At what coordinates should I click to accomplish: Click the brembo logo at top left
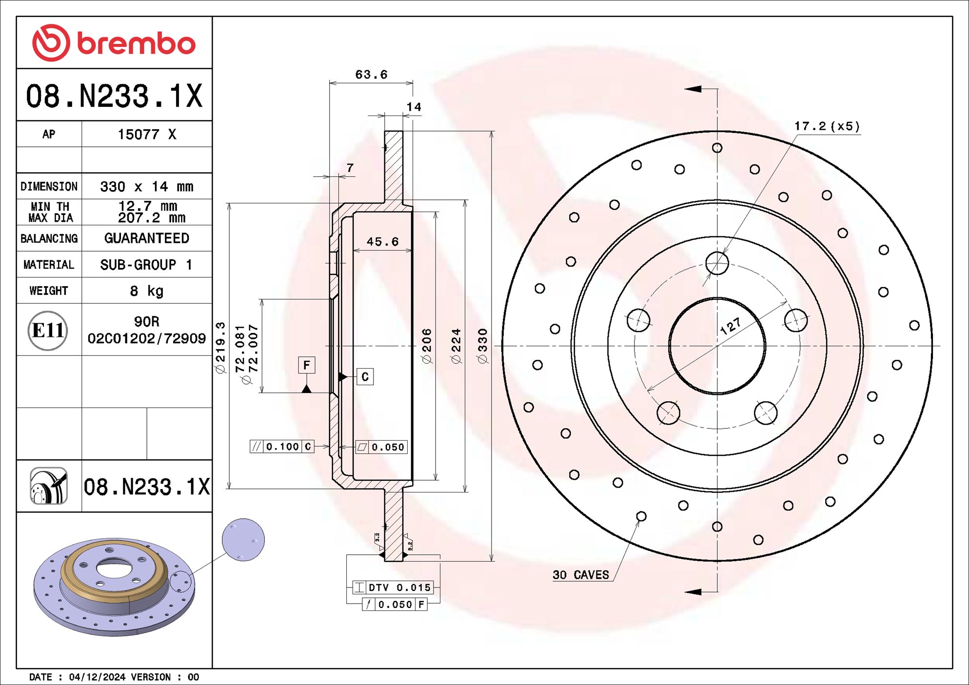click(114, 43)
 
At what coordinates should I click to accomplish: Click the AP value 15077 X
click(146, 135)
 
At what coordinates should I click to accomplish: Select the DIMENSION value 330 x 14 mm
click(146, 187)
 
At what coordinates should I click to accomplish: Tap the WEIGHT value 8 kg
click(146, 291)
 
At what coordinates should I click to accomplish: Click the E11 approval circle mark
click(47, 331)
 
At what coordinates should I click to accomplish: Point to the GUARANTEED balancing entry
click(146, 238)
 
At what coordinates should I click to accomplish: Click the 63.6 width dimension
click(371, 75)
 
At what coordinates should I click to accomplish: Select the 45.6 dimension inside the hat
click(382, 242)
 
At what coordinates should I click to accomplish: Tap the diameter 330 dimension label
click(482, 346)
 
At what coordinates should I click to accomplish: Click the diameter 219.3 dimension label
click(220, 347)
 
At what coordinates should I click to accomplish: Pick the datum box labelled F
click(306, 365)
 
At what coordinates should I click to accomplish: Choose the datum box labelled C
click(365, 377)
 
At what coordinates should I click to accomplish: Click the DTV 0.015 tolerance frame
click(393, 587)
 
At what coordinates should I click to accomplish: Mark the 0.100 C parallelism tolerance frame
click(282, 447)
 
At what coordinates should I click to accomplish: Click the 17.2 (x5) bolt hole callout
click(827, 126)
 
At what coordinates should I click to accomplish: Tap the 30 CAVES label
click(580, 575)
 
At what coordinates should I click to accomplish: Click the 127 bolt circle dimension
click(730, 326)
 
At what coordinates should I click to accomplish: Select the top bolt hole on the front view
click(717, 264)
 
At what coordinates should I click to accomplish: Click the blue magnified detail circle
click(243, 540)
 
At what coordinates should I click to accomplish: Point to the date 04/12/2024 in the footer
click(97, 677)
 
